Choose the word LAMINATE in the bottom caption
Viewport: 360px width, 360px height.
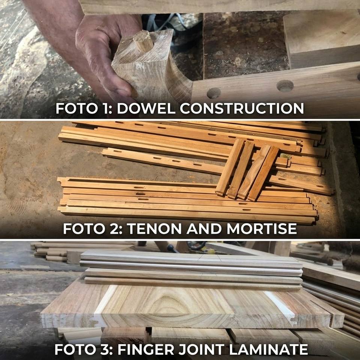coord(268,349)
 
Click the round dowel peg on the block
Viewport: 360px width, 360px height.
coord(143,40)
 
